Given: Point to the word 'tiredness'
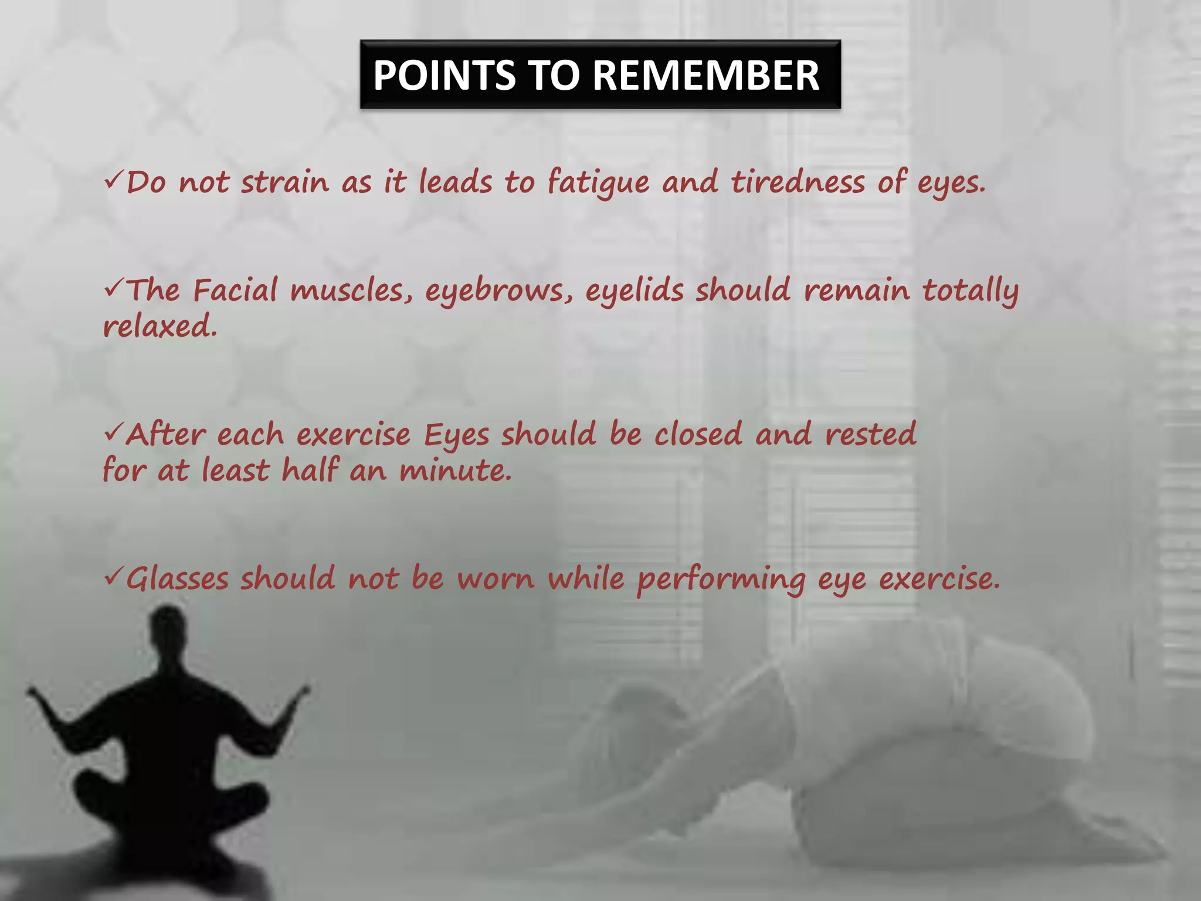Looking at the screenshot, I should [797, 182].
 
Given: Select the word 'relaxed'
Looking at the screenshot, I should [159, 326].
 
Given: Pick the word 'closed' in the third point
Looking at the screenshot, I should [698, 434].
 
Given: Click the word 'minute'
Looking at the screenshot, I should [455, 470].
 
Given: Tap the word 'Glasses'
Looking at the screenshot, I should [177, 579].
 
